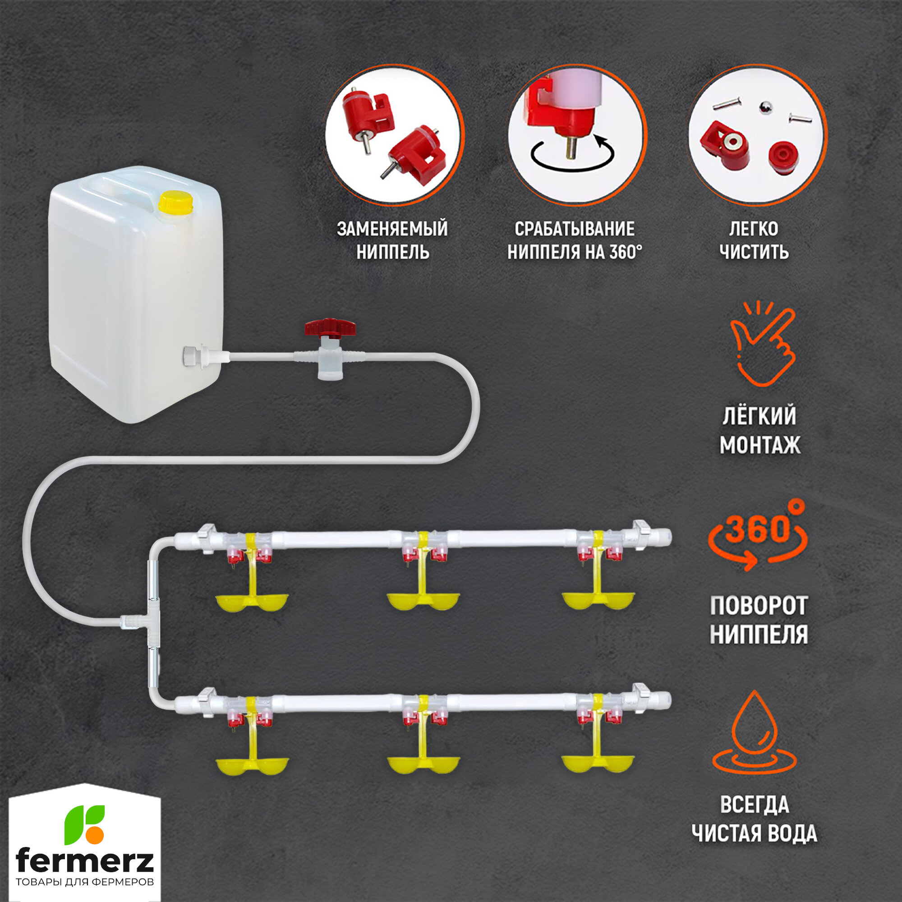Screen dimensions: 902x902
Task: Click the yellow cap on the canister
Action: [x=175, y=202]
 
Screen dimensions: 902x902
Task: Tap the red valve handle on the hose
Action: [x=330, y=327]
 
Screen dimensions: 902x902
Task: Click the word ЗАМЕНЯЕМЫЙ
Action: [x=392, y=229]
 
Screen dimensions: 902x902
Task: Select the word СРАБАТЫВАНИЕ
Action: [x=574, y=229]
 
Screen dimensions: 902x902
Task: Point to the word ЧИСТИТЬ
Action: [x=754, y=253]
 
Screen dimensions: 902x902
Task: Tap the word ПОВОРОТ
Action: [x=759, y=607]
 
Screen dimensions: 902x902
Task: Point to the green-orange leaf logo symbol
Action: [x=84, y=824]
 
